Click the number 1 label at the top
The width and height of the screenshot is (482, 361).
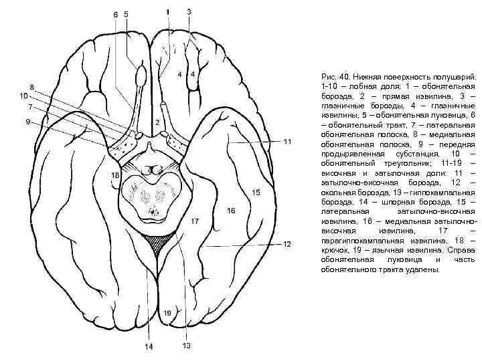coord(167,11)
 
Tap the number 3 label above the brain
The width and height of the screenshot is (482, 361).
coord(189,11)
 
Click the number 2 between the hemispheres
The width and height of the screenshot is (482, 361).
coord(157,123)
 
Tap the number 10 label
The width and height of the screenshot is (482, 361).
coord(23,96)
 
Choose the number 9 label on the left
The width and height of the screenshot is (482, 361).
coord(27,122)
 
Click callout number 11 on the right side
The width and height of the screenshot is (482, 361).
coord(287,142)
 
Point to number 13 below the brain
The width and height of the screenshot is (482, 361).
coord(186,346)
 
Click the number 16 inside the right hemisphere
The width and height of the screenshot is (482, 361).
coord(231,211)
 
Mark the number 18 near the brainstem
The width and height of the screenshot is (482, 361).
coord(114,175)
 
